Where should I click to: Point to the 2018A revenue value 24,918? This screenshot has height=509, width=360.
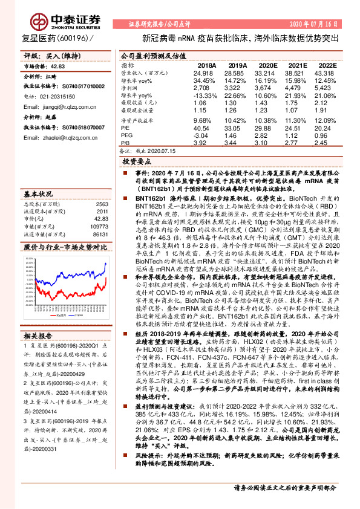[x=206, y=73]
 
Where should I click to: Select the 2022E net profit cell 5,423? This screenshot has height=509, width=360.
[x=326, y=88]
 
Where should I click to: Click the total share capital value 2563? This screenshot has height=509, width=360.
[x=102, y=204]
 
